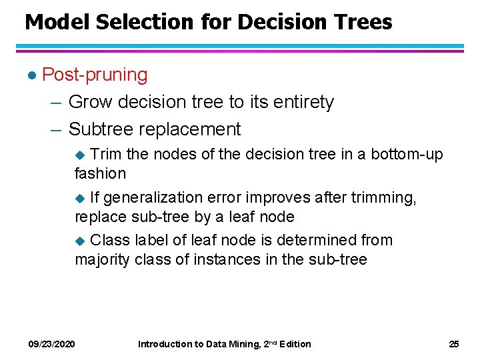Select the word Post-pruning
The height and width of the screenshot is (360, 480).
[95, 75]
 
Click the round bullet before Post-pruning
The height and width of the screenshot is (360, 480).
[29, 75]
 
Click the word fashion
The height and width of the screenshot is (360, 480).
[100, 173]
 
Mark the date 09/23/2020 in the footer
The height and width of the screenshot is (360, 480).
[51, 344]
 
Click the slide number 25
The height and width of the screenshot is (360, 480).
[454, 344]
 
